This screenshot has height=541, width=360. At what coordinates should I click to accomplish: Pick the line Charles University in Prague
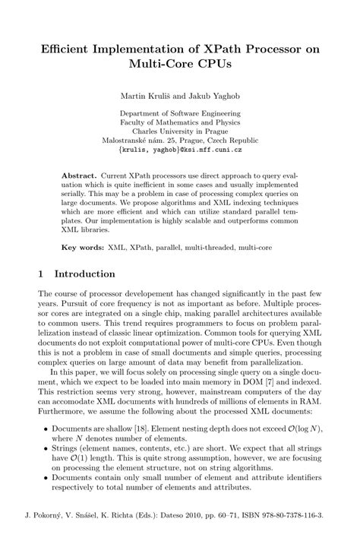coord(179,131)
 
